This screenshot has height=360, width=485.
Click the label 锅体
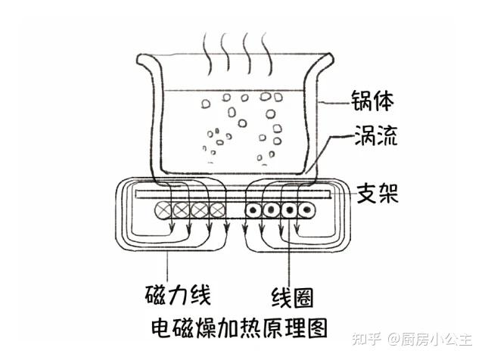click(372, 101)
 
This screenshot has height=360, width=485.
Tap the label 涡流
click(375, 135)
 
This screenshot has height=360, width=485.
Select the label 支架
click(378, 194)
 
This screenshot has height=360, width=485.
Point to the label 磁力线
click(178, 294)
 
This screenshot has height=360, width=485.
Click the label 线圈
click(292, 297)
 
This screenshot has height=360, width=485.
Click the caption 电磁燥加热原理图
click(239, 328)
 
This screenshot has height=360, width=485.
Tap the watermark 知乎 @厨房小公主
click(412, 339)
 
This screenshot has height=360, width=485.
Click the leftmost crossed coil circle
click(163, 210)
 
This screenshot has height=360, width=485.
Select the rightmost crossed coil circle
click(218, 210)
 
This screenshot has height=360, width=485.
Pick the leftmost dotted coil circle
click(253, 210)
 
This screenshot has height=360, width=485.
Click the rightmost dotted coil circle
click(307, 210)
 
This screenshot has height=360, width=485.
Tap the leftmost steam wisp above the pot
click(207, 54)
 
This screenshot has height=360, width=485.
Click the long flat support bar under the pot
click(233, 194)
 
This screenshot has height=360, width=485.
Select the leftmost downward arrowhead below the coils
click(171, 229)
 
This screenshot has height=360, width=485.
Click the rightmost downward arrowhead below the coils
click(297, 229)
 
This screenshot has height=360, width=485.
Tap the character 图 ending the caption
click(317, 328)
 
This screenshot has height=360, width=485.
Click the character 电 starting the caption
click(161, 328)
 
